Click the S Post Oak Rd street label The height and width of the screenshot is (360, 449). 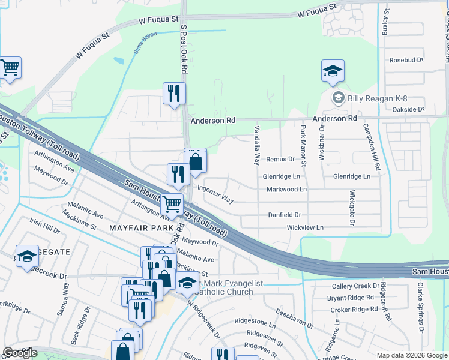184,51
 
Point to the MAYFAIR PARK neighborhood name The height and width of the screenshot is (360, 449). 136,229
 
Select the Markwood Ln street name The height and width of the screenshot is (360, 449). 286,190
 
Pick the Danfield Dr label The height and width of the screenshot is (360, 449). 284,214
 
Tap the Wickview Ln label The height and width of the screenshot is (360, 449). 305,228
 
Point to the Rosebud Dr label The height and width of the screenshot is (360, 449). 406,60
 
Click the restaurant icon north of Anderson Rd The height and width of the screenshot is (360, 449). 174,94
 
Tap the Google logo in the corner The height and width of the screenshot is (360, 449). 20,353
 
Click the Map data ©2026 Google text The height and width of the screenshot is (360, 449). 411,355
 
